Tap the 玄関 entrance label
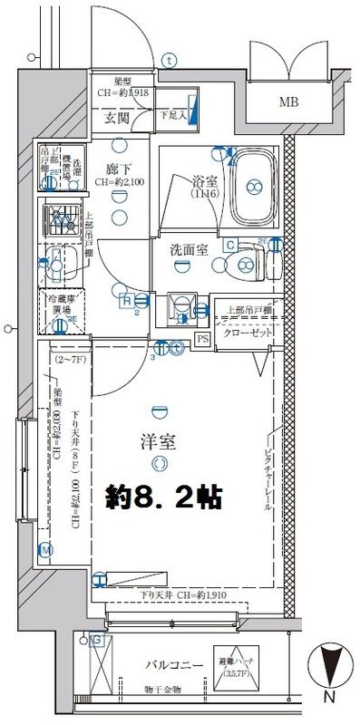[x=115, y=118]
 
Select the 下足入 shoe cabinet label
[x=172, y=115]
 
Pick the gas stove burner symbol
[x=61, y=218]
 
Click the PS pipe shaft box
[x=203, y=339]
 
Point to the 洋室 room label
[x=160, y=442]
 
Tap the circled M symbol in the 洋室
[x=45, y=549]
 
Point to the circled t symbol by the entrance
[x=170, y=61]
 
